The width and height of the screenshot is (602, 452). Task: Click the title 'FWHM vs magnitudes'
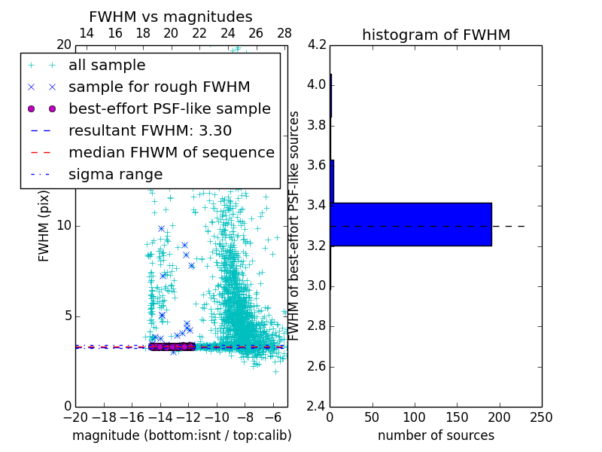(170, 17)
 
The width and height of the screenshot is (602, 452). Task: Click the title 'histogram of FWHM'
(436, 35)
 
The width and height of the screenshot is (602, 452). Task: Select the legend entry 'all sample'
(107, 66)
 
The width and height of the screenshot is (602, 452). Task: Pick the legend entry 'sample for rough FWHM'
(159, 87)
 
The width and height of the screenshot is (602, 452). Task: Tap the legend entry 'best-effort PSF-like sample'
(169, 108)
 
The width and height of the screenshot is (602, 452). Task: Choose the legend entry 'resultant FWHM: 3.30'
(150, 130)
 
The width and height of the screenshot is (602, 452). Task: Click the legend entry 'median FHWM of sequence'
(171, 152)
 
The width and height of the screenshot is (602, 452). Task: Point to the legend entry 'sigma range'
(115, 174)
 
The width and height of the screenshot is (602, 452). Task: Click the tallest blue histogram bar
(411, 224)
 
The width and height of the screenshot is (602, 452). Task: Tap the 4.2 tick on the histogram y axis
(317, 44)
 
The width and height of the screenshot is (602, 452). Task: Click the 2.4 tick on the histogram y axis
(317, 407)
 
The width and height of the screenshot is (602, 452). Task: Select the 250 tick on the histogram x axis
(541, 417)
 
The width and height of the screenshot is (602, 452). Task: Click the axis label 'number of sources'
(436, 435)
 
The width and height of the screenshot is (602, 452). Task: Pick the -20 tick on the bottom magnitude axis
(74, 417)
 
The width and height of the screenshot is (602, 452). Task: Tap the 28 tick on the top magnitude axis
(284, 33)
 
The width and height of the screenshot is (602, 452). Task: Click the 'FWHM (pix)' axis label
(44, 225)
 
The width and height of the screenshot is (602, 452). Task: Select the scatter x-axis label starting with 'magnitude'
(181, 435)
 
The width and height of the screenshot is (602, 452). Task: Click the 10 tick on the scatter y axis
(64, 225)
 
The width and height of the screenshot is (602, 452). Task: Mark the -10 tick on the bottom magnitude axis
(216, 417)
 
